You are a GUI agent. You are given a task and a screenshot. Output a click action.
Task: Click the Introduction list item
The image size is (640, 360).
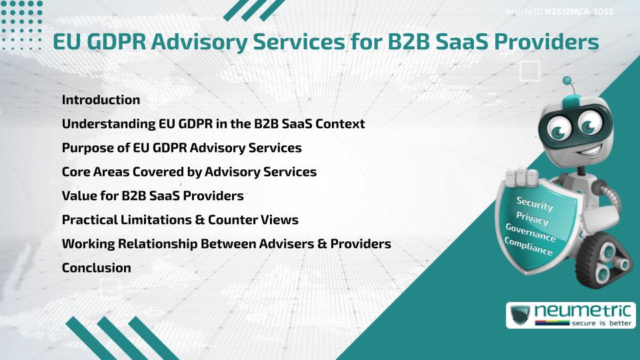pos(101,100)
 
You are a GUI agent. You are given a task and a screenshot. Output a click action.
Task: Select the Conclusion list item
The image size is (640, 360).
pos(96,268)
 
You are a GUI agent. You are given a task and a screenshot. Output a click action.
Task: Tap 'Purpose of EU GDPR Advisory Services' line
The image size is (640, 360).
pos(181,148)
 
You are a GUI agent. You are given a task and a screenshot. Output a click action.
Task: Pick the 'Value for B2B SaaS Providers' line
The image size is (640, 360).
pos(152,196)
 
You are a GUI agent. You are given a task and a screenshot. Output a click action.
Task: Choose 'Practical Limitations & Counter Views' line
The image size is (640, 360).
pos(179,220)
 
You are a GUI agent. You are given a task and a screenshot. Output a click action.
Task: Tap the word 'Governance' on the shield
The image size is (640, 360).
pos(531,233)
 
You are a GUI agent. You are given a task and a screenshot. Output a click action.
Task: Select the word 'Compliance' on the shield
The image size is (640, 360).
pos(529,247)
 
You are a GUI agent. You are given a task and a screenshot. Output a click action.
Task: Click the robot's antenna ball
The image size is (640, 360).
pos(567,81)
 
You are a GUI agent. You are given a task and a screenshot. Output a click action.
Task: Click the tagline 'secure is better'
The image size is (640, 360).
pos(599,323)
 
